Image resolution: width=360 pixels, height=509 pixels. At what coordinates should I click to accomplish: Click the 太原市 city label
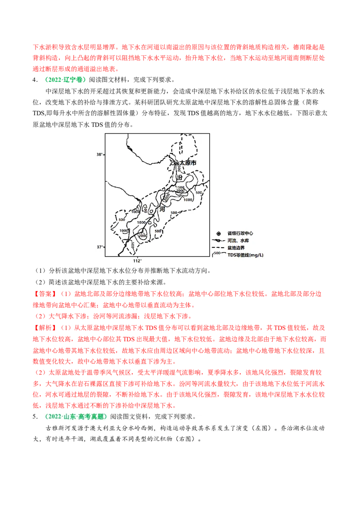(x=188, y=163)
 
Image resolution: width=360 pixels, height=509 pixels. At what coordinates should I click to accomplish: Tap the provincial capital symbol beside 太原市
(x=176, y=163)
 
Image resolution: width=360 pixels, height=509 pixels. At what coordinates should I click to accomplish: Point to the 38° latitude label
(x=99, y=154)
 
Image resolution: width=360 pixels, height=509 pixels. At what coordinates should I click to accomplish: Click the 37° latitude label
(x=99, y=247)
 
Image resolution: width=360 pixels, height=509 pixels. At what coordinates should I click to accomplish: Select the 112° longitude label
(x=137, y=261)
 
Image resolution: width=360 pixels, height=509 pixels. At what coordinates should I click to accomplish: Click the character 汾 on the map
(x=180, y=179)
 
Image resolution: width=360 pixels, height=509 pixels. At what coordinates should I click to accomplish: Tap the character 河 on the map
(x=162, y=209)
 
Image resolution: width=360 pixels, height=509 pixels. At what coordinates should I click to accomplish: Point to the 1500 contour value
(x=180, y=187)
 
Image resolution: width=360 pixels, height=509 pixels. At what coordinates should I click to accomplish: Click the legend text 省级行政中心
(x=240, y=233)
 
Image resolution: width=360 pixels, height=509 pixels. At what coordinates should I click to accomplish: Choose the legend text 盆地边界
(x=236, y=248)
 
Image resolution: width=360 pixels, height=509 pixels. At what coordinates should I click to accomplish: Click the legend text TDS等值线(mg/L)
(x=245, y=255)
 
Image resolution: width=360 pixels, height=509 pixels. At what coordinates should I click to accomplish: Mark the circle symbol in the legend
(x=218, y=233)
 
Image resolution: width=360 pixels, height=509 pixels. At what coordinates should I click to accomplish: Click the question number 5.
(x=34, y=416)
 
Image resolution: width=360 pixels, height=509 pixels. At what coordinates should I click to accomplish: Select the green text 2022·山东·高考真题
(x=73, y=416)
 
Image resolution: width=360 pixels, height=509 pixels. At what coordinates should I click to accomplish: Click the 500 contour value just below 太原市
(x=179, y=168)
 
